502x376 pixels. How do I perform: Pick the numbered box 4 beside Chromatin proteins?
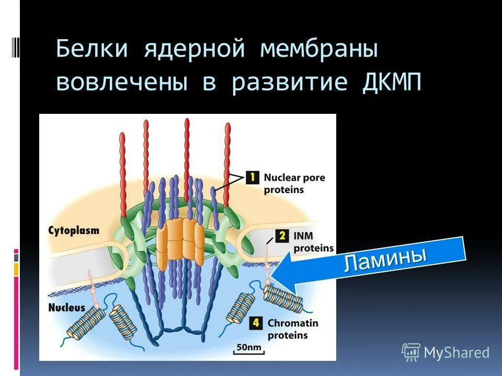click(x=256, y=323)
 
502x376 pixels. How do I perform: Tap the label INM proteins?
click(x=313, y=242)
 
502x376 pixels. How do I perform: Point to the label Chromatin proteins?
click(x=292, y=329)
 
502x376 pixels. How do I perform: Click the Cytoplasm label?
click(x=73, y=230)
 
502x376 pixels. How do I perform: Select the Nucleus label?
click(x=66, y=308)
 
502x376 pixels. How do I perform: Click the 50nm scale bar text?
click(x=249, y=347)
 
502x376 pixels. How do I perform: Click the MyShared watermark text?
click(x=456, y=353)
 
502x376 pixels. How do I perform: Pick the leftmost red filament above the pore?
click(x=123, y=172)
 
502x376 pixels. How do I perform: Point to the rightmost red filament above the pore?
click(x=227, y=162)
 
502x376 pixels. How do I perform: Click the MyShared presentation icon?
click(x=411, y=352)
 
